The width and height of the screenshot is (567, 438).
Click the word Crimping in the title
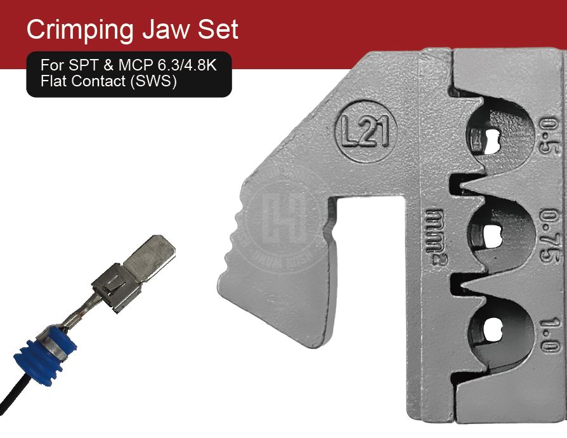[x=79, y=30]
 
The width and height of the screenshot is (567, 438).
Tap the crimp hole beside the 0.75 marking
[x=492, y=234]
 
